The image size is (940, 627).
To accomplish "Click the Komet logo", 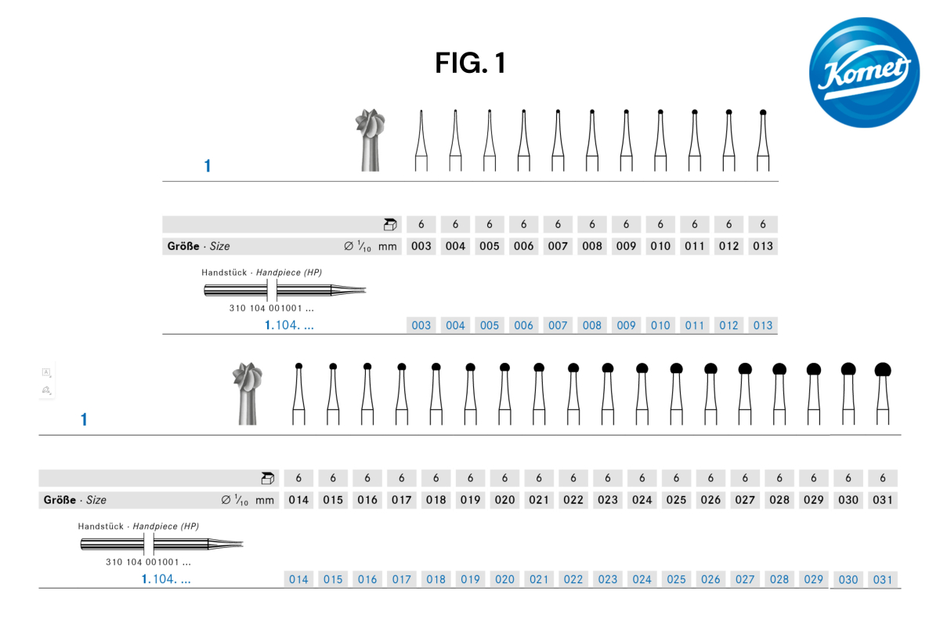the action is pyautogui.click(x=865, y=72).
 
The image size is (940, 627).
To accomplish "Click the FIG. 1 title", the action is pyautogui.click(x=471, y=63).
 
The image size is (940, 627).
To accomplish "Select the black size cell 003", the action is pyautogui.click(x=421, y=246).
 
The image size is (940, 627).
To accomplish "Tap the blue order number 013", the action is pyautogui.click(x=763, y=325).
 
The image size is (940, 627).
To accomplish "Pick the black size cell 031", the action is pyautogui.click(x=883, y=500).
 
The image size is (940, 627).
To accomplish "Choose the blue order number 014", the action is pyautogui.click(x=298, y=579).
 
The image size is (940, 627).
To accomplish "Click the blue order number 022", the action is pyautogui.click(x=573, y=579).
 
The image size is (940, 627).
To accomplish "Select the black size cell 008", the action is pyautogui.click(x=591, y=246).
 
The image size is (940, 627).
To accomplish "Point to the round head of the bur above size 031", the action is pyautogui.click(x=883, y=370).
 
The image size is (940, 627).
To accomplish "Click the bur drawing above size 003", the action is pyautogui.click(x=421, y=141).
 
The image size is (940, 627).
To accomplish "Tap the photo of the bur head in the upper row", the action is pyautogui.click(x=370, y=140).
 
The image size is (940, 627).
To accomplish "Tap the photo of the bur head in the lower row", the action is pyautogui.click(x=248, y=393).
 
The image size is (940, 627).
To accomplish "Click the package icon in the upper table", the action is pyautogui.click(x=390, y=225).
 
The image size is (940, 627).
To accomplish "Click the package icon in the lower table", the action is pyautogui.click(x=267, y=478).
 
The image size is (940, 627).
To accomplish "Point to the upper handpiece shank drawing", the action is pyautogui.click(x=285, y=290).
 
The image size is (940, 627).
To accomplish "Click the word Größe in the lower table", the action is pyautogui.click(x=60, y=500).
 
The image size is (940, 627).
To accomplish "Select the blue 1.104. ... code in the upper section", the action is pyautogui.click(x=289, y=325).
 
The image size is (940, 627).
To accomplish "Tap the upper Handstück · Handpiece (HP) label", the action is pyautogui.click(x=262, y=273).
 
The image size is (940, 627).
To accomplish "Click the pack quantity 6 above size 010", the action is pyautogui.click(x=660, y=224).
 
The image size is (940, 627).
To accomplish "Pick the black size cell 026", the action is pyautogui.click(x=710, y=500).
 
